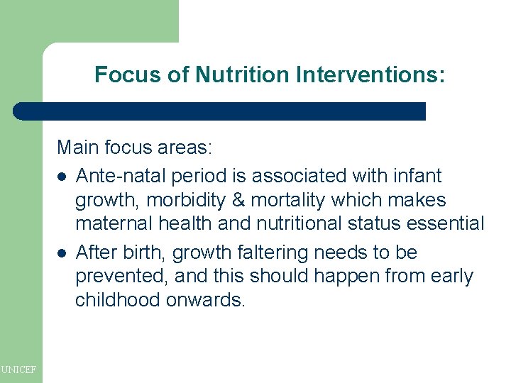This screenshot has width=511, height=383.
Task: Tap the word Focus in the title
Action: pos(123,74)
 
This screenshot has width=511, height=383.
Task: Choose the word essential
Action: pos(439,224)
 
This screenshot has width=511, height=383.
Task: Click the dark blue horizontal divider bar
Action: pos(220,111)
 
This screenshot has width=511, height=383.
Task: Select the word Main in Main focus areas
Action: pos(78,148)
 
